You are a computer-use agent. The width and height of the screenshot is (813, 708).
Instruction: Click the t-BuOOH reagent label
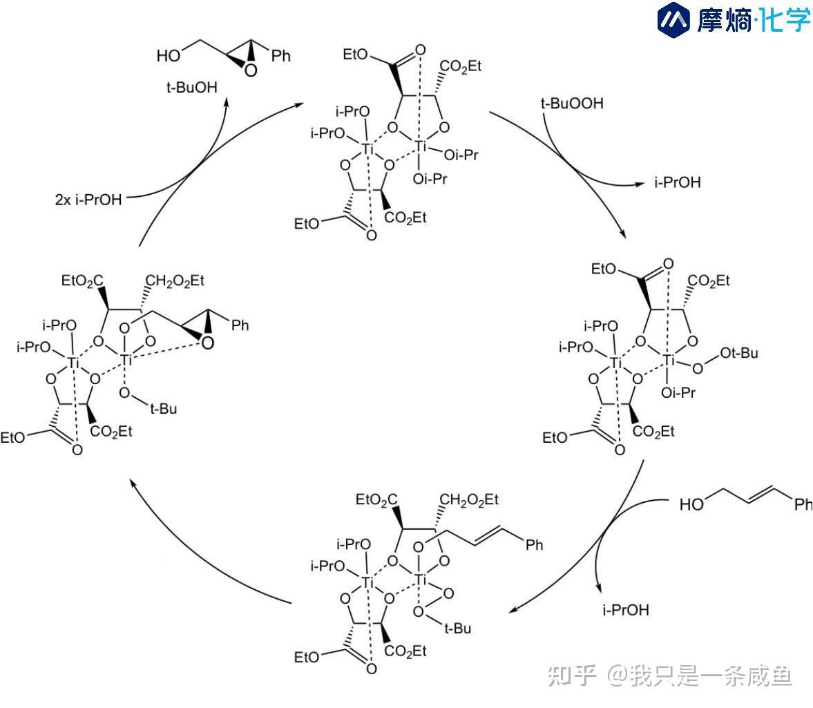[571, 104]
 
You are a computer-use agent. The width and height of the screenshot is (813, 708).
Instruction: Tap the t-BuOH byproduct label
[191, 88]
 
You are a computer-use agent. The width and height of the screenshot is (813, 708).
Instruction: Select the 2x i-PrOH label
[88, 200]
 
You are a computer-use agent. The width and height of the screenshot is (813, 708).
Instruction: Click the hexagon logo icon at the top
[674, 19]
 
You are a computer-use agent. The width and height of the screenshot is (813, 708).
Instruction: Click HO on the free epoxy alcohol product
[169, 55]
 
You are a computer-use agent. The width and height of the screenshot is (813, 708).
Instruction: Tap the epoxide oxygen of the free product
[250, 69]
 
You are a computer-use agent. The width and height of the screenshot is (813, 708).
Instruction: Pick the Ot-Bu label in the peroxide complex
[740, 353]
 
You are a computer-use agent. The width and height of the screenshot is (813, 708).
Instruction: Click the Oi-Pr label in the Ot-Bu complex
[678, 393]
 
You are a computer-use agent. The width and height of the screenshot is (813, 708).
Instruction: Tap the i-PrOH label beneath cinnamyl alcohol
[626, 610]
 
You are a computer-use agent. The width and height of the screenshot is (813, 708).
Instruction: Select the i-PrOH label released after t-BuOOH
[677, 183]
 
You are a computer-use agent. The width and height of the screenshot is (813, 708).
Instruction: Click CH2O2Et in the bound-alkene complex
[468, 499]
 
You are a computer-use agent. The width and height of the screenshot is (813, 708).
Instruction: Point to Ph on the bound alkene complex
[535, 545]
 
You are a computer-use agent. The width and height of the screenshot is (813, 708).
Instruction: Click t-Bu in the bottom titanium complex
[457, 629]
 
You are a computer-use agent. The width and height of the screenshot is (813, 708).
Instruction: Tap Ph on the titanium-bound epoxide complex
[240, 325]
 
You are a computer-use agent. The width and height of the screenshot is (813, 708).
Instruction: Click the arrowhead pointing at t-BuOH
[227, 101]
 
